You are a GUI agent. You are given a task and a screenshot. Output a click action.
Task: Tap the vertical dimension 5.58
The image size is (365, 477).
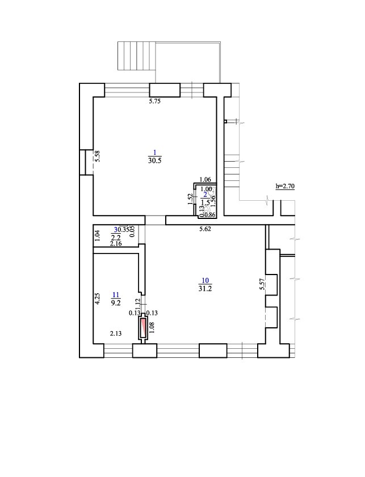click(98, 156)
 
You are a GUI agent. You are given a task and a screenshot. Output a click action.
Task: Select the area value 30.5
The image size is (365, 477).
click(154, 161)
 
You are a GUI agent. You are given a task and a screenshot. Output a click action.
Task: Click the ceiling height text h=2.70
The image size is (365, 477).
click(286, 185)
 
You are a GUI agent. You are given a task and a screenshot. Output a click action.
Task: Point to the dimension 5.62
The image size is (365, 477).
click(205, 230)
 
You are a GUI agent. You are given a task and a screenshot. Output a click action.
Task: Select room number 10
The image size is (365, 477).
click(205, 281)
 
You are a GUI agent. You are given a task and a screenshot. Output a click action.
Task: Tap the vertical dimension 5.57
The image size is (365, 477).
click(262, 284)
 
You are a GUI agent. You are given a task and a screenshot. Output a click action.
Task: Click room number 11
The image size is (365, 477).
click(116, 294)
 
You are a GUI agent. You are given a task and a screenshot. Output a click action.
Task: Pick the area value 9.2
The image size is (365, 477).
click(116, 303)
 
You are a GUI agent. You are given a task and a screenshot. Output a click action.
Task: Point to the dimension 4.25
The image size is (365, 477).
click(98, 299)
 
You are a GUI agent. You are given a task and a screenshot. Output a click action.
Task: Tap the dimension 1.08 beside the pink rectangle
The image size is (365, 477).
click(152, 328)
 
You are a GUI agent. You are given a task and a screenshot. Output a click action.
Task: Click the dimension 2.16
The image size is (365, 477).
click(116, 243)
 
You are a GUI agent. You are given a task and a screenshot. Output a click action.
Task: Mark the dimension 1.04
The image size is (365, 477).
click(97, 236)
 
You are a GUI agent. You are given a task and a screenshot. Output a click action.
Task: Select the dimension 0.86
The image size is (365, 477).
click(209, 214)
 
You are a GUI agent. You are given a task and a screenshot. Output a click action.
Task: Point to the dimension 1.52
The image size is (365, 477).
click(190, 199)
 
